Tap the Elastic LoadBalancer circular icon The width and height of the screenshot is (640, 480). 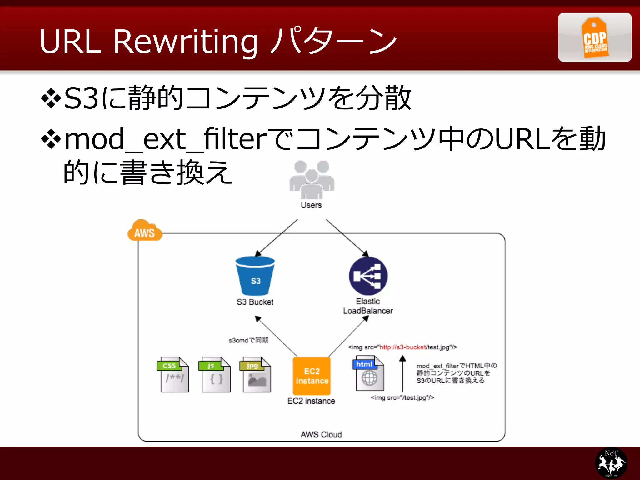(x=368, y=276)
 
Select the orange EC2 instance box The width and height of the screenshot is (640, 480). (x=312, y=376)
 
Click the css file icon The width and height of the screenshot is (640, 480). (x=173, y=374)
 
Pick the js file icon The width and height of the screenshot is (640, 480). (x=215, y=374)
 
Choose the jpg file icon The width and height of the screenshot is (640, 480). (x=256, y=374)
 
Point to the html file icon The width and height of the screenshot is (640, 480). (x=369, y=373)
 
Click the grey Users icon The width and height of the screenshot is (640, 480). (x=312, y=179)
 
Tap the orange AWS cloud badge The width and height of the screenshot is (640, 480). (x=145, y=231)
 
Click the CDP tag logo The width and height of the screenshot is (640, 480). (x=595, y=37)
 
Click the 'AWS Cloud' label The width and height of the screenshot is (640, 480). (x=321, y=435)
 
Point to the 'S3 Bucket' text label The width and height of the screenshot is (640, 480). (x=255, y=302)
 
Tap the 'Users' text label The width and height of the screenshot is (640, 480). (x=311, y=205)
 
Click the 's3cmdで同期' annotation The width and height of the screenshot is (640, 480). (x=248, y=340)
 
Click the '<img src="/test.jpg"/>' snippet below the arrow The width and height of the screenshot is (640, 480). (x=402, y=398)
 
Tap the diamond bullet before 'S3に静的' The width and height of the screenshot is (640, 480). (x=51, y=98)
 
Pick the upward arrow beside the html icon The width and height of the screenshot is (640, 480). (x=403, y=373)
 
